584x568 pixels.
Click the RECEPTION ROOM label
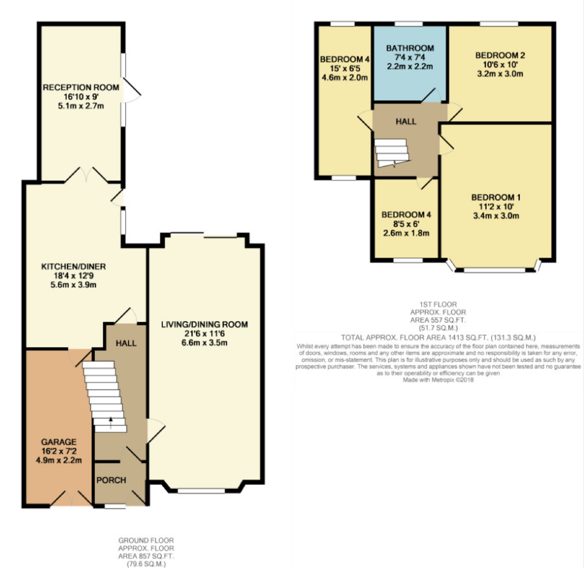(x=81, y=87)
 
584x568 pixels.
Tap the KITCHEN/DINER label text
(x=73, y=266)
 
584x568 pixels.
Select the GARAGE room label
(x=59, y=442)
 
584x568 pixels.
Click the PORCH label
(x=111, y=480)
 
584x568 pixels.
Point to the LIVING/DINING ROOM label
(x=204, y=324)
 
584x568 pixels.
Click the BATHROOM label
(x=410, y=48)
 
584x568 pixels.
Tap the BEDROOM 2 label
(x=500, y=55)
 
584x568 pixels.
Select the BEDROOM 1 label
(x=496, y=197)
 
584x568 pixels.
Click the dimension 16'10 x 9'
(x=81, y=97)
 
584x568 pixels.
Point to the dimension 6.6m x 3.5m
(x=204, y=342)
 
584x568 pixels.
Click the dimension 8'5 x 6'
(x=406, y=224)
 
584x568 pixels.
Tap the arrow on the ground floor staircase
(x=111, y=423)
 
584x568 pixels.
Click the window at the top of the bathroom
(x=409, y=24)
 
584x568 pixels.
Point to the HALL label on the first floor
(x=406, y=121)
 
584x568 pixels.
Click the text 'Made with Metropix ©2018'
(x=438, y=380)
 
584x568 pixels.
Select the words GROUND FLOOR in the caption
(x=146, y=540)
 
